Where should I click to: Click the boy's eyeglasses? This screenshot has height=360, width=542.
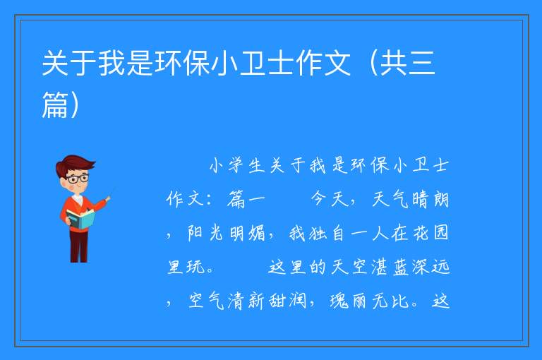click(78, 179)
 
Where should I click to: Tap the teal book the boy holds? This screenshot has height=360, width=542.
click(80, 220)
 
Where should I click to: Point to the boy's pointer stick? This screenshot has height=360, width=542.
click(110, 193)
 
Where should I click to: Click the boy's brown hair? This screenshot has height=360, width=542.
click(74, 164)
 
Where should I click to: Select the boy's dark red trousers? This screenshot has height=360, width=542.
click(79, 246)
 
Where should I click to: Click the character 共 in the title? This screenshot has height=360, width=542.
click(392, 64)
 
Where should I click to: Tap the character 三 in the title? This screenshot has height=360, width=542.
click(421, 64)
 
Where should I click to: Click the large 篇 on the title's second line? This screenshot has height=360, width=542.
click(55, 104)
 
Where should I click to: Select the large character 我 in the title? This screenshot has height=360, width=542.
click(112, 64)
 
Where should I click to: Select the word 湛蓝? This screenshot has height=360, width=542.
click(390, 267)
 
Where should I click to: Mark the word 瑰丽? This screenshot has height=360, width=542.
click(347, 301)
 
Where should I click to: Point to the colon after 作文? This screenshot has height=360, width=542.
click(208, 200)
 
